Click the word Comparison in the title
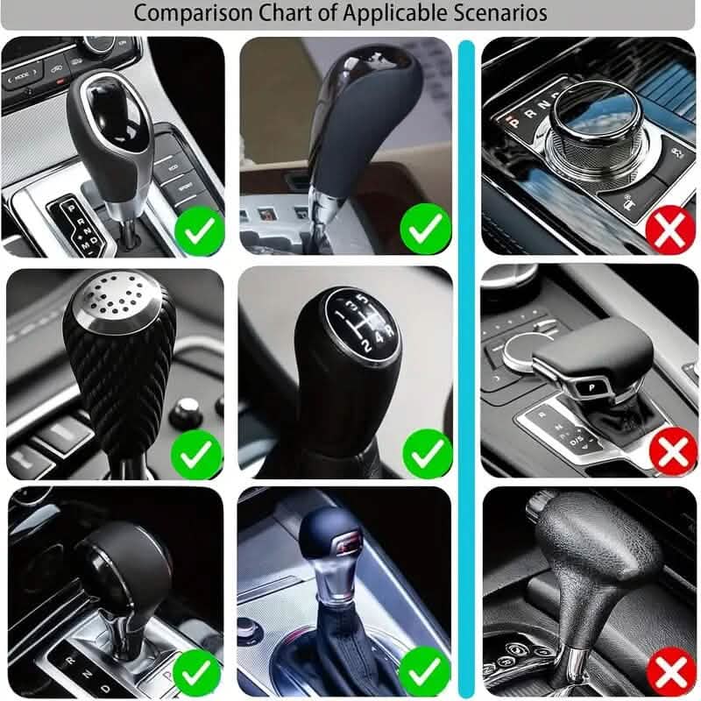coord(182,13)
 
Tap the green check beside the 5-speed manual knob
coord(427,453)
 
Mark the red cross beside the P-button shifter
coord(672,453)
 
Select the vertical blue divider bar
coord(467,368)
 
